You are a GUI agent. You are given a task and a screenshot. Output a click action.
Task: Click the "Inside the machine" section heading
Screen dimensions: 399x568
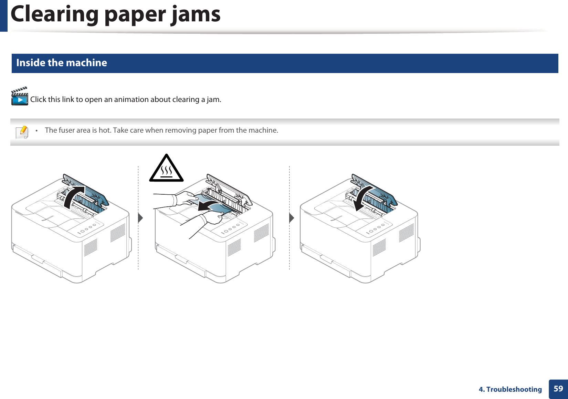62,63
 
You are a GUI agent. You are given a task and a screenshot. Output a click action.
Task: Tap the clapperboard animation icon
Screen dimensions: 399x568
19,96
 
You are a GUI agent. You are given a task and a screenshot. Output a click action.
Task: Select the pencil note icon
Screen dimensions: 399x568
22,132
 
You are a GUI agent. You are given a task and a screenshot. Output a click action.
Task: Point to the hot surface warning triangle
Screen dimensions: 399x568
166,169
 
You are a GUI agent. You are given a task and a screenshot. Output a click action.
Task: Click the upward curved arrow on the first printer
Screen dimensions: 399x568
74,196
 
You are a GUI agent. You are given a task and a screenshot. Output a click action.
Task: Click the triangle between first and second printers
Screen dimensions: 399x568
140,218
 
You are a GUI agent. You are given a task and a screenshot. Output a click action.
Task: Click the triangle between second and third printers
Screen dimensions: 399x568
292,218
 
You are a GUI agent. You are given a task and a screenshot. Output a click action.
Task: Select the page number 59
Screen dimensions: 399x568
558,389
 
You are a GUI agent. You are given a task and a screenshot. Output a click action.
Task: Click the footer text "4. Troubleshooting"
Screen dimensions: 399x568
510,389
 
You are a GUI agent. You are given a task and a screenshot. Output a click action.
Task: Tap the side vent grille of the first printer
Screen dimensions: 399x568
118,233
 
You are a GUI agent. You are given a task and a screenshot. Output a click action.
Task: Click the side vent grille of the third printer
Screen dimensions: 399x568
406,233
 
